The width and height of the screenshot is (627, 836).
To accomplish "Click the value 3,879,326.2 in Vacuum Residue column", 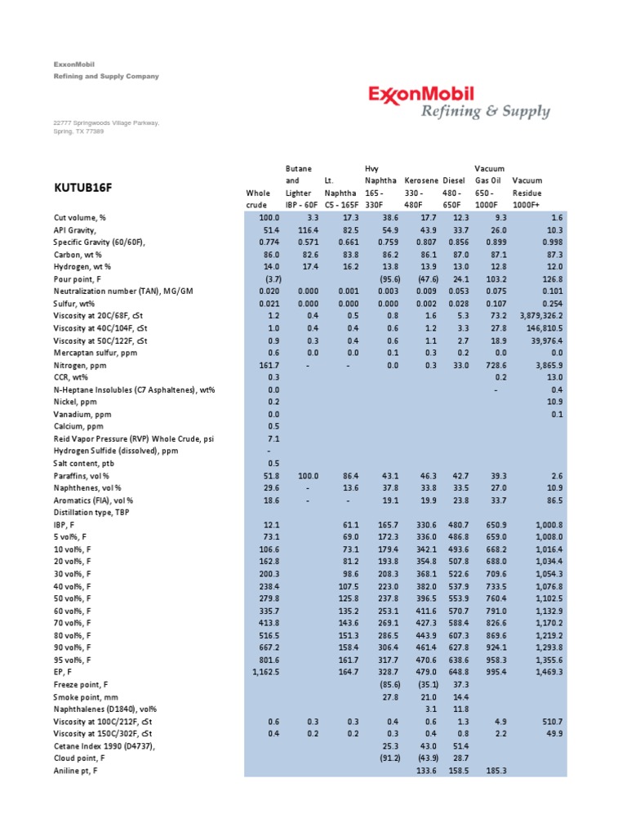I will coord(534,315).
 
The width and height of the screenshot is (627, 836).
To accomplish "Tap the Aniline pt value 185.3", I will coord(495,770).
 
